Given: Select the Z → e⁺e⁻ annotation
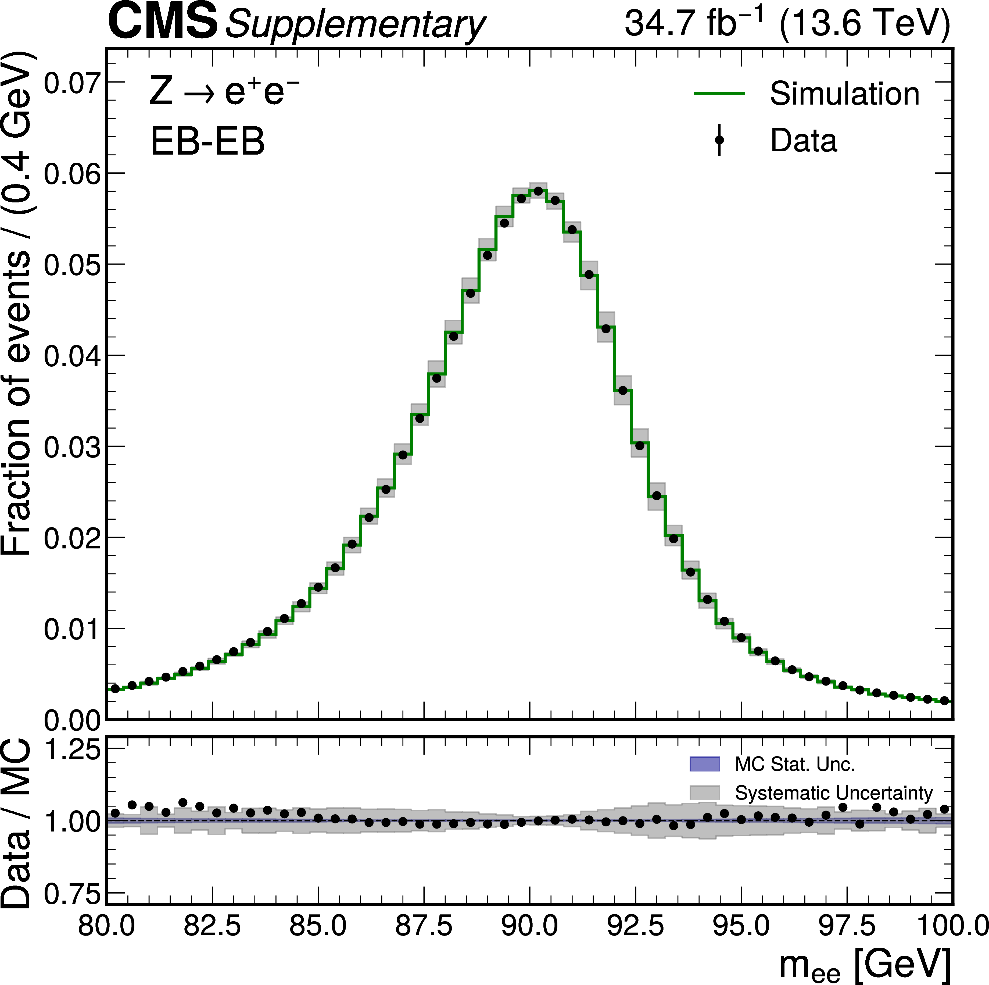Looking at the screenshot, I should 224,92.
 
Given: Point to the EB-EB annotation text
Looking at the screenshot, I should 207,141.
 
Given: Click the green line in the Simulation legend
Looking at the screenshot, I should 719,93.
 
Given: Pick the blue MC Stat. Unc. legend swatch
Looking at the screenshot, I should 704,764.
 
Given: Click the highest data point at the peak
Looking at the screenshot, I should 538,191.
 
